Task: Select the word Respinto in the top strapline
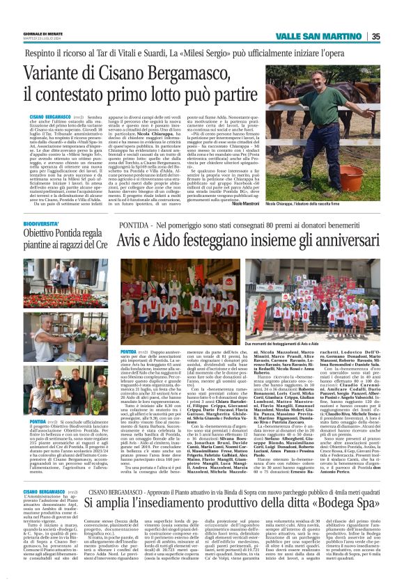click(45, 52)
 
